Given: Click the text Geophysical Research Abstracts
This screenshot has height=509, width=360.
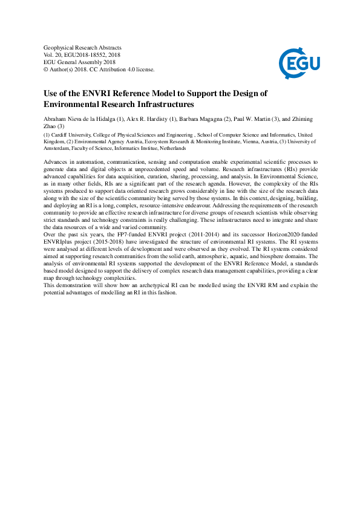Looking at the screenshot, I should (83, 47).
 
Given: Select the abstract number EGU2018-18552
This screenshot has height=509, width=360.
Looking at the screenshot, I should (83, 54).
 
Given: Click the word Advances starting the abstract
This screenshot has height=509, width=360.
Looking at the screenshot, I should (57, 163).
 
